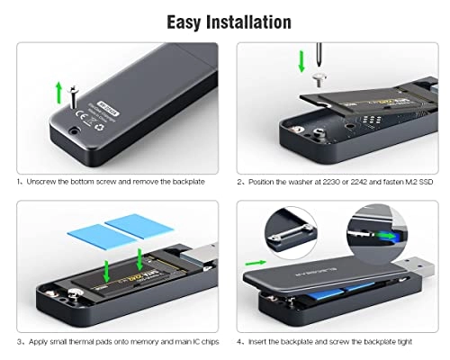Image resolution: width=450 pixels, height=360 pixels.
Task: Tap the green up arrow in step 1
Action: click(x=58, y=91)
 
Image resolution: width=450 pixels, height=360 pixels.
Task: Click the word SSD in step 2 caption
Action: click(x=427, y=182)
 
